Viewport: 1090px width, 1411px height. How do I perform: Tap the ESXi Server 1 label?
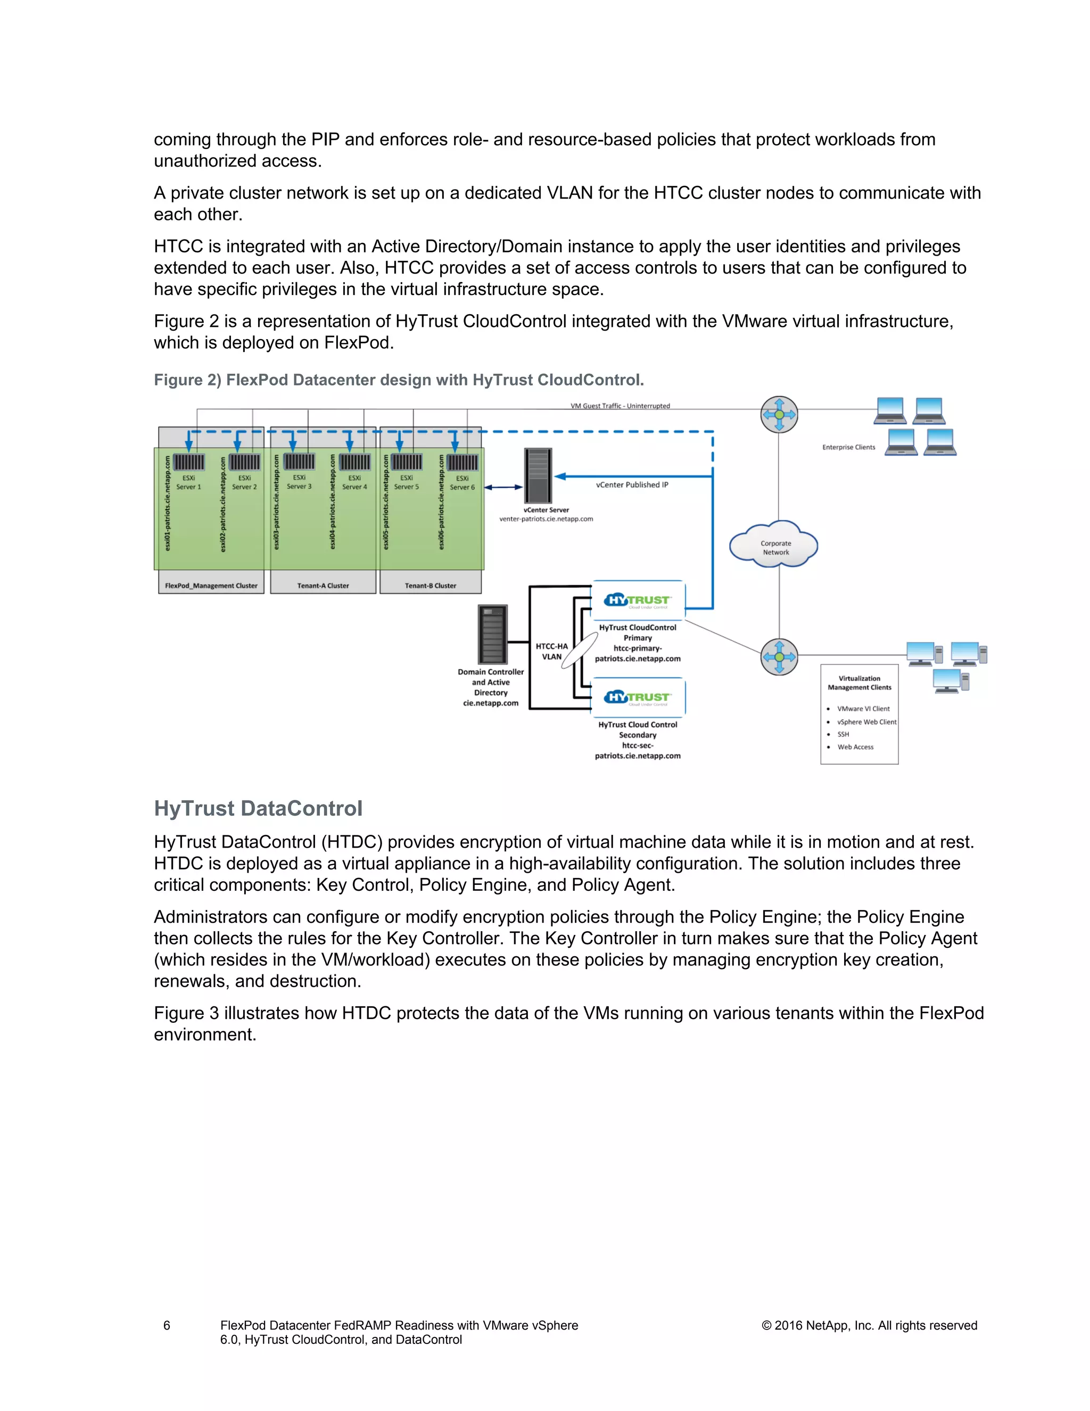[188, 482]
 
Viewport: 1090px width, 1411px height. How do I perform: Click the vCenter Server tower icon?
[538, 475]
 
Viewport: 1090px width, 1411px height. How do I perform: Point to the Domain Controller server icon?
[492, 635]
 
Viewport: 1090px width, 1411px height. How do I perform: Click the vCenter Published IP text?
[632, 485]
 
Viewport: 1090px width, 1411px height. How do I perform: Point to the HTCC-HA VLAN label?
[551, 651]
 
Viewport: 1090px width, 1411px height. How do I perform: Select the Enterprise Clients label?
[848, 447]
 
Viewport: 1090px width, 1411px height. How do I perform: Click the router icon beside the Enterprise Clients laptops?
[779, 414]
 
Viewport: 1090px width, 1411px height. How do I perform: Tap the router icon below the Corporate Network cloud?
[779, 657]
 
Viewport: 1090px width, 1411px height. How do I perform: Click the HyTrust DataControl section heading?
[258, 808]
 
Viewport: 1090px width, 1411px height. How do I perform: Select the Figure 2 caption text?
[399, 380]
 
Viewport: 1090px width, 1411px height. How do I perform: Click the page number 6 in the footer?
[167, 1325]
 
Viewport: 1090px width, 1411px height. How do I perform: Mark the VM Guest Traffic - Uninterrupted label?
[620, 406]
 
